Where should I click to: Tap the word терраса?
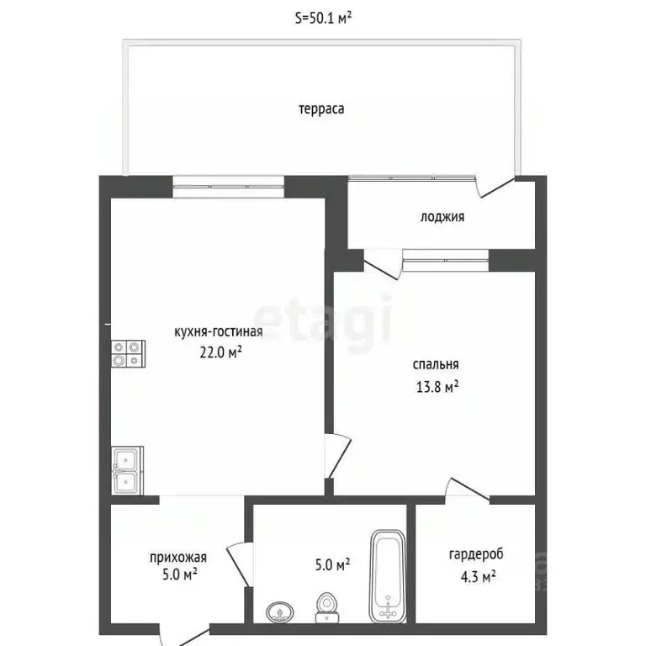point(321,109)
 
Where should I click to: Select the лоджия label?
point(442,217)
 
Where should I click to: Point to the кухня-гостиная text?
point(219,331)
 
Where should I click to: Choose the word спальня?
point(436,365)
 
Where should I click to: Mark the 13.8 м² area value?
point(436,387)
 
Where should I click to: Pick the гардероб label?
point(476,554)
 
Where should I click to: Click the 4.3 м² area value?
point(476,576)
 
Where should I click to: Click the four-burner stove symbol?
point(127,353)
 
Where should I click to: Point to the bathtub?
point(387,577)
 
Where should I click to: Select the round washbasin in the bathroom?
point(278,612)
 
